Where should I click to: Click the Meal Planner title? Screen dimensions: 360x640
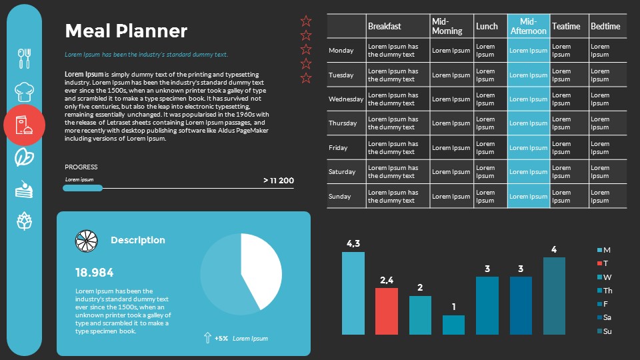point(126,31)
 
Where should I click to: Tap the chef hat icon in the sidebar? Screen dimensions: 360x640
point(24,91)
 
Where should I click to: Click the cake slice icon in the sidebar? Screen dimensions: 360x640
point(24,189)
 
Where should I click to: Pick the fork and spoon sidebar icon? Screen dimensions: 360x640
point(24,58)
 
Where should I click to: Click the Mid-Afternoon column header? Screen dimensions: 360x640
point(529,27)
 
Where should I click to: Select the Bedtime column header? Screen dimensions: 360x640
point(605,27)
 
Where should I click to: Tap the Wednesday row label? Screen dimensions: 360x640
point(346,99)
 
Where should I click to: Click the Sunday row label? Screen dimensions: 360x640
point(340,197)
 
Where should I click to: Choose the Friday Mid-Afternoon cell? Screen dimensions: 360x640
point(529,148)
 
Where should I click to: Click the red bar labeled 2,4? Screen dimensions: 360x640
point(387,311)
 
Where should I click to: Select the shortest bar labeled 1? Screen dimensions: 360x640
point(454,325)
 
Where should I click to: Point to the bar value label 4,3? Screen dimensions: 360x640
point(353,243)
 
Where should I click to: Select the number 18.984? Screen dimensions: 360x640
point(95,272)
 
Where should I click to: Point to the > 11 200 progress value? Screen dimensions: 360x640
point(279,181)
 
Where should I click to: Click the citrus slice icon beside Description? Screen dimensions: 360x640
point(87,241)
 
